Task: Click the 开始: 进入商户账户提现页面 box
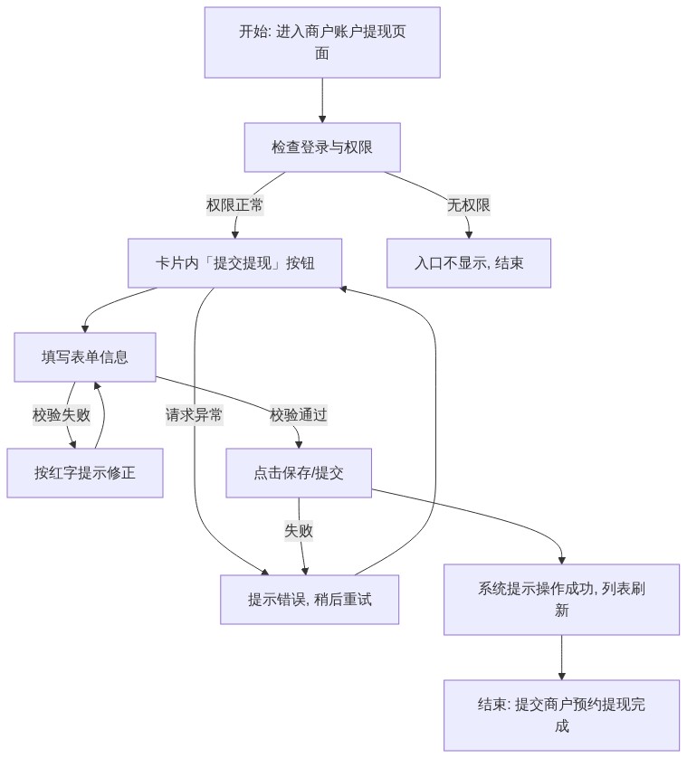(x=322, y=42)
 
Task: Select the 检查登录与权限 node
(x=322, y=147)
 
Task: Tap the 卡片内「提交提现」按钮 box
(x=234, y=263)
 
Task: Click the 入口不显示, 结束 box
(x=469, y=263)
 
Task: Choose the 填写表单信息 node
(x=85, y=356)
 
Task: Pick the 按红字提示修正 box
(x=85, y=473)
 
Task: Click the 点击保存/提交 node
(x=299, y=473)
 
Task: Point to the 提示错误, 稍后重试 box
(x=310, y=600)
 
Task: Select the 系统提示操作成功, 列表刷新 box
(x=562, y=600)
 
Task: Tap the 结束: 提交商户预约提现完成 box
(x=562, y=715)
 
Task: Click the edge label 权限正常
(x=234, y=205)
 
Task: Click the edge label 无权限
(x=469, y=205)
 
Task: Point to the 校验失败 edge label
(x=62, y=415)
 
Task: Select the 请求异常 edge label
(x=194, y=415)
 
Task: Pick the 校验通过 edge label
(x=299, y=415)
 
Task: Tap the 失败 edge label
(x=299, y=531)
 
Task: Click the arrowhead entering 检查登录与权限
(x=322, y=118)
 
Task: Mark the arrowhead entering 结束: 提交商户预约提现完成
(x=562, y=677)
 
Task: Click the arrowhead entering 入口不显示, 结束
(x=469, y=234)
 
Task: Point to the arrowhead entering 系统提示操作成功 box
(x=562, y=560)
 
